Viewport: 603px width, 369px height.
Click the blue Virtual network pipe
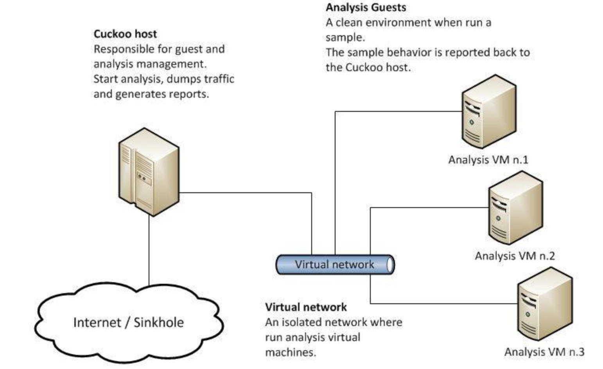[x=335, y=265]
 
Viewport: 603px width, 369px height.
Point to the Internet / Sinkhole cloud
[x=129, y=322]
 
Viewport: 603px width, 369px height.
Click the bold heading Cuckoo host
[x=125, y=34]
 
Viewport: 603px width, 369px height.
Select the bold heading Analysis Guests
[x=366, y=7]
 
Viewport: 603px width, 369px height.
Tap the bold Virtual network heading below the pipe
[x=306, y=307]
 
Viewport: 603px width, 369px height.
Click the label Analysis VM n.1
[x=488, y=160]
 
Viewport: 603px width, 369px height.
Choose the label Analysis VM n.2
[x=515, y=256]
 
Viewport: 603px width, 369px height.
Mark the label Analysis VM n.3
[x=544, y=352]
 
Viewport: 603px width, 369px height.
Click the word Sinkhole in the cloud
[x=159, y=322]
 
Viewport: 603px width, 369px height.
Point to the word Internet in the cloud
[x=97, y=322]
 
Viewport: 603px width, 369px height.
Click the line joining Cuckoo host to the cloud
[x=149, y=250]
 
